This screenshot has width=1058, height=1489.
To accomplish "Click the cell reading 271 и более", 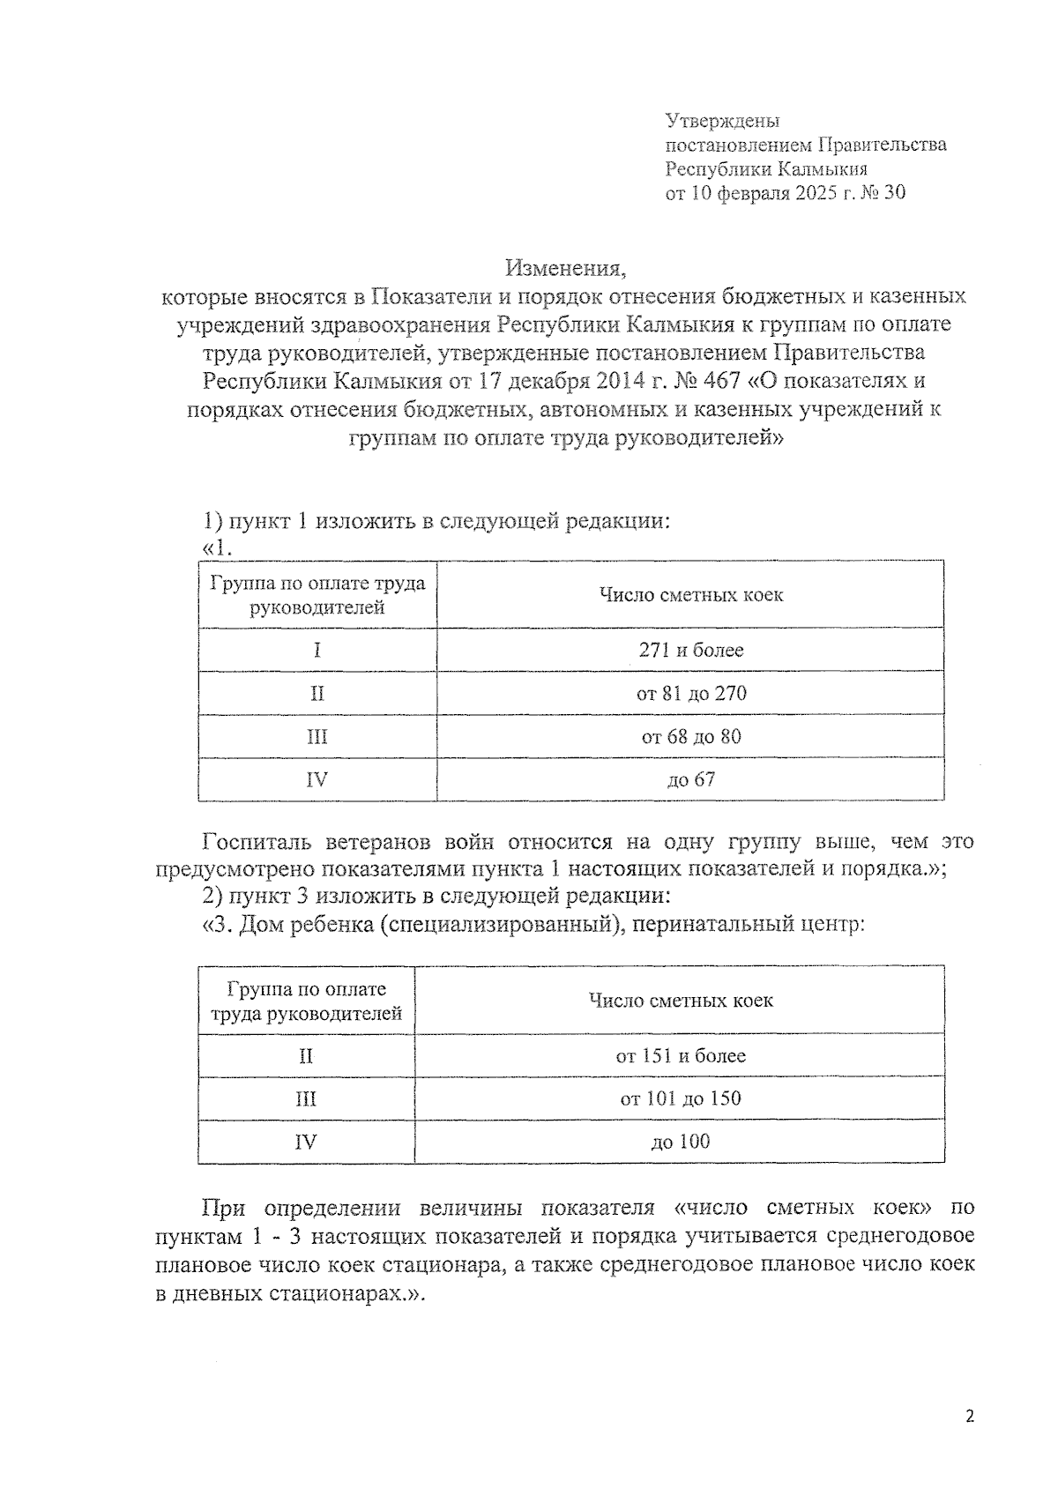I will tap(690, 651).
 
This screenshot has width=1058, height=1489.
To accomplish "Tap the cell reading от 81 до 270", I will tap(690, 694).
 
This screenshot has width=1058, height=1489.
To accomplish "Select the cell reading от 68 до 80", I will tap(690, 737).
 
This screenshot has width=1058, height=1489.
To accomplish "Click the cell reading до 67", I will tap(690, 780).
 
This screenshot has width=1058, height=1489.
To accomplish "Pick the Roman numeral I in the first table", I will tap(317, 651).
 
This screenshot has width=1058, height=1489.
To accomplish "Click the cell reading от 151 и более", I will tap(680, 1056).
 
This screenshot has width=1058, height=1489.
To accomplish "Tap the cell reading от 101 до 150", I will tap(680, 1099).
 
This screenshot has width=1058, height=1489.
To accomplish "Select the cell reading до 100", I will tap(680, 1143).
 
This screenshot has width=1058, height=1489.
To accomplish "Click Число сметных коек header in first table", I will tap(690, 595).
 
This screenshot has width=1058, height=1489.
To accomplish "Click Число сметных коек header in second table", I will tap(680, 1001).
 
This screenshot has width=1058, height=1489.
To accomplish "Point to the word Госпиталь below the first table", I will tap(255, 841).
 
